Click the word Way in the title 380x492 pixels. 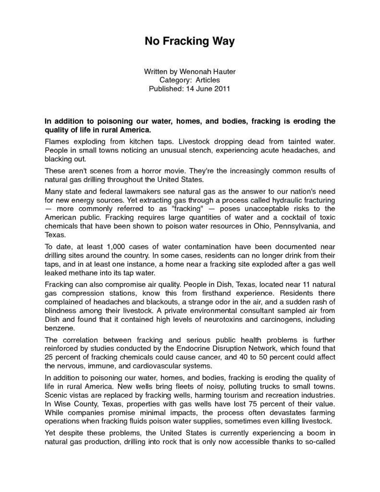pyautogui.click(x=221, y=42)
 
